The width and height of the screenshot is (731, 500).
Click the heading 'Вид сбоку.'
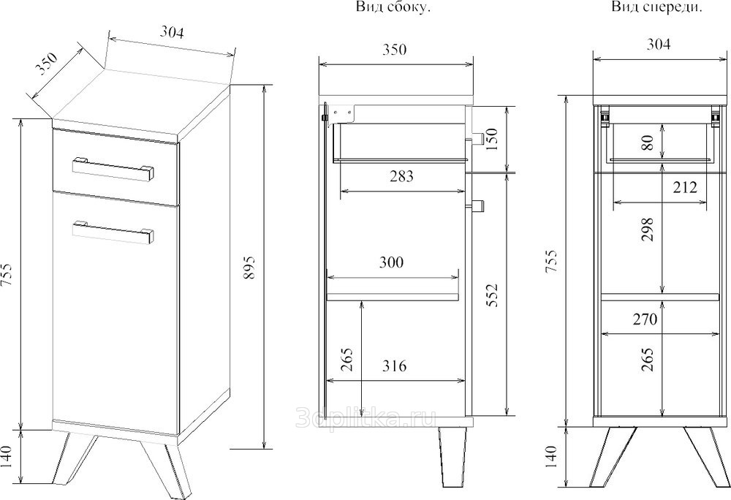click(393, 7)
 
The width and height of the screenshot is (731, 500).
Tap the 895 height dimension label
click(249, 267)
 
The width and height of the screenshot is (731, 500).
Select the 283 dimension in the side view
click(401, 176)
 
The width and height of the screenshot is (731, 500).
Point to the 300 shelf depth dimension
click(391, 262)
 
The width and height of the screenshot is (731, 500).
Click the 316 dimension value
click(394, 365)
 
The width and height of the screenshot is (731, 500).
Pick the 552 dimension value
click(492, 295)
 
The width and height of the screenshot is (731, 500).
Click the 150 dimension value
click(492, 138)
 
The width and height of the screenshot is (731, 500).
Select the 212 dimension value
click(685, 187)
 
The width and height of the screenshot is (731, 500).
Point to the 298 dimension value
click(648, 230)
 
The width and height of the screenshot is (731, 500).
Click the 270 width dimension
click(645, 319)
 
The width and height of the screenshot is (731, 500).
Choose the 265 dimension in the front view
click(648, 359)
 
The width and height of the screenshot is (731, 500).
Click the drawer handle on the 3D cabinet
click(113, 168)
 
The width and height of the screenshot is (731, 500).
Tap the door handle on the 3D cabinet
click(113, 232)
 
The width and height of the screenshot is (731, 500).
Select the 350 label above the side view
click(395, 50)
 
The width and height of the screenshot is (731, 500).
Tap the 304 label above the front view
click(659, 45)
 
